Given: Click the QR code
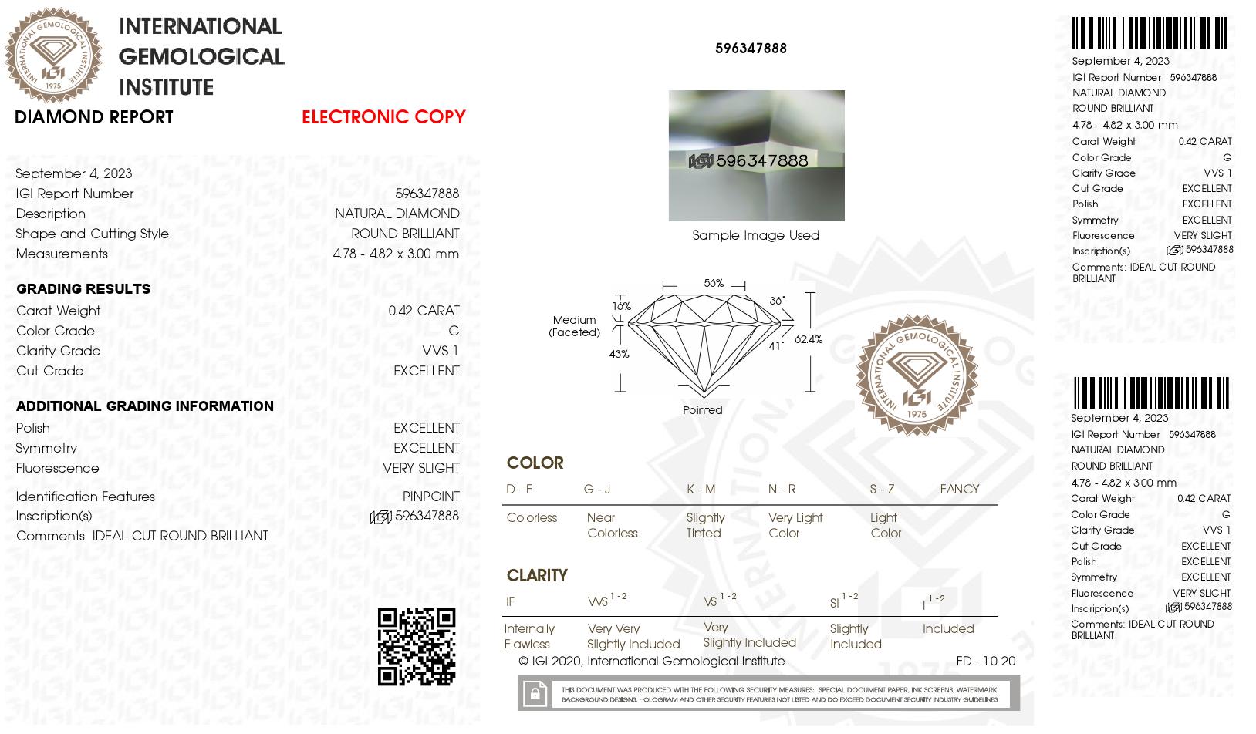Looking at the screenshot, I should click(x=417, y=646).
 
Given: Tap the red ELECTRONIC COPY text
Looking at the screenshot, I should click(x=383, y=117).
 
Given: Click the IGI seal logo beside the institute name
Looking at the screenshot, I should click(x=53, y=55).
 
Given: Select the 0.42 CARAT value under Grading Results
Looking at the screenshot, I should click(x=424, y=311).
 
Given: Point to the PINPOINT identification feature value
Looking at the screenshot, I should click(x=430, y=497).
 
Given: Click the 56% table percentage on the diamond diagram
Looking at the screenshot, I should click(x=714, y=283).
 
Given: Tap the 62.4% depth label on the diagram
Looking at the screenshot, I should click(x=809, y=339).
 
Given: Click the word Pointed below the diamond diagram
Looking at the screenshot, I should click(x=702, y=410).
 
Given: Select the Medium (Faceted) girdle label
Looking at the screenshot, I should click(x=574, y=326).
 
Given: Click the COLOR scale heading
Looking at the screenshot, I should click(x=535, y=463).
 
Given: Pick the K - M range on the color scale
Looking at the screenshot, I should click(x=701, y=489).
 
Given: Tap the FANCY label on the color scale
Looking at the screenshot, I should click(x=959, y=489).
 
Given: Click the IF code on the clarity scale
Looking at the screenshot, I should click(x=510, y=601).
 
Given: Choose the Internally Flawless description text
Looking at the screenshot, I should click(x=528, y=636).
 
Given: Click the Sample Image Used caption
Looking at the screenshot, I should click(x=755, y=235).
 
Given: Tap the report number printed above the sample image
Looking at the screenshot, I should click(x=751, y=48).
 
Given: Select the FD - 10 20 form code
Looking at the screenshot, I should click(x=985, y=661).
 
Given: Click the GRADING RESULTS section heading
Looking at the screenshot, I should click(x=83, y=289).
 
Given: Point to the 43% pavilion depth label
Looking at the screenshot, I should click(x=619, y=354).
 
